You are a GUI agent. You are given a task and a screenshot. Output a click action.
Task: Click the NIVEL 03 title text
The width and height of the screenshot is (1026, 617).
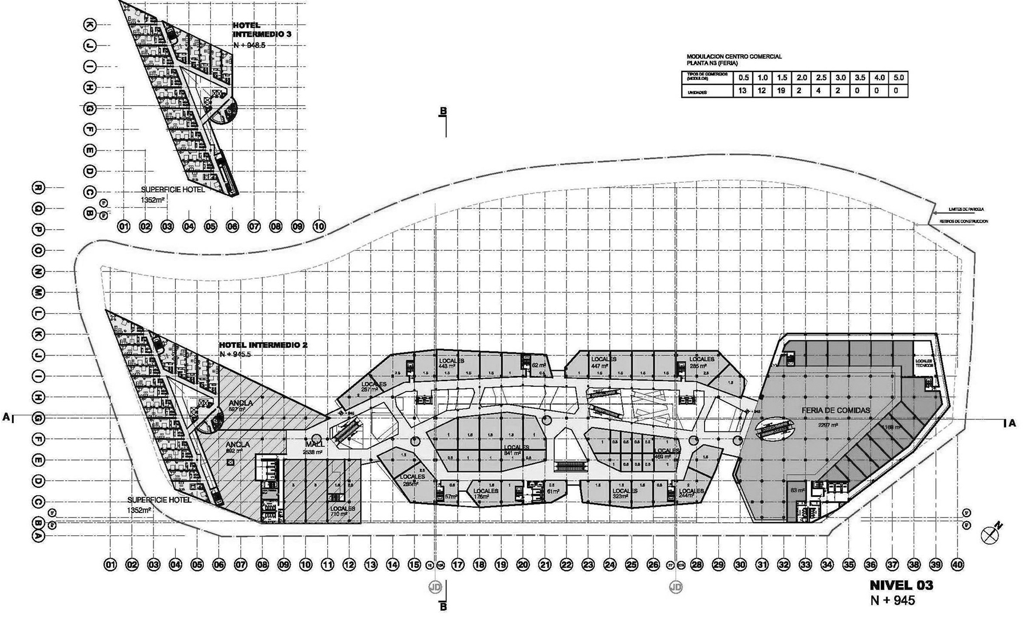coord(902,586)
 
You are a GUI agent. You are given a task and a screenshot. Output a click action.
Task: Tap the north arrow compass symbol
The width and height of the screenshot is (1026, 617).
coord(989,535)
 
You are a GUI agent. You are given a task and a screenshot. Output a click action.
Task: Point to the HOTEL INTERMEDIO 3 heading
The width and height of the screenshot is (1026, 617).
coord(262,30)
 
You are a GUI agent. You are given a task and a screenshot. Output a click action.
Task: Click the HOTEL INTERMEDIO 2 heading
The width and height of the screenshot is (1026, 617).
coord(263,345)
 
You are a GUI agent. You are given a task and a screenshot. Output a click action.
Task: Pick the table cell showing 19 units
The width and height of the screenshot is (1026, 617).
coord(781,91)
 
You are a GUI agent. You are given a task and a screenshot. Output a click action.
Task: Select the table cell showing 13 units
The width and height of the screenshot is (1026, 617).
coord(742,91)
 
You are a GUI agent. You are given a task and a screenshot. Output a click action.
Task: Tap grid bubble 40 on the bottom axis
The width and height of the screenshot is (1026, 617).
coord(957,564)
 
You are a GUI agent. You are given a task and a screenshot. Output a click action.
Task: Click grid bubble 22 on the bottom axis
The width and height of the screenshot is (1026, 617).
coord(566,564)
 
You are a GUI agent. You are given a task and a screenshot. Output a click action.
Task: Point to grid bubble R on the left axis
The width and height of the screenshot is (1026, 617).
coord(38,187)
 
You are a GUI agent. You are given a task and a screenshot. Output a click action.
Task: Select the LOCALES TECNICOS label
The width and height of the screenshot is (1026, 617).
coord(923,363)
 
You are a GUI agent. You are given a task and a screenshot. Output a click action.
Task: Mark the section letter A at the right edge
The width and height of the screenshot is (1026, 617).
coord(1012,423)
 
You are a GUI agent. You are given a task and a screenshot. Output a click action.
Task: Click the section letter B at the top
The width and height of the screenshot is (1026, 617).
coord(442,111)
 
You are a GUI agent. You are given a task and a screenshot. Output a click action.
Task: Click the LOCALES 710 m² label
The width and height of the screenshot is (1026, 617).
coord(342,511)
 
